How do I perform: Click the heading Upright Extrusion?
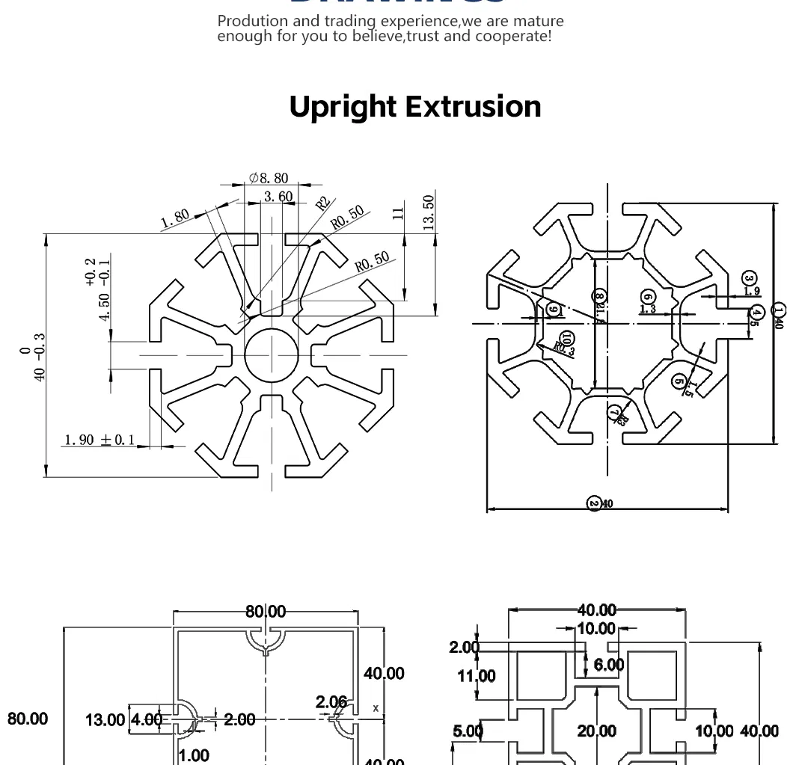click(x=414, y=106)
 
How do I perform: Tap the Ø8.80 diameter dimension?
click(x=269, y=178)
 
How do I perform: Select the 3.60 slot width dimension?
click(x=278, y=197)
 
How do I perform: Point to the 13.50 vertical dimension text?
click(x=429, y=212)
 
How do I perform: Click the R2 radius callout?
click(x=322, y=203)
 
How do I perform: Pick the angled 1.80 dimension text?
click(x=175, y=218)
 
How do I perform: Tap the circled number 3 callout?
click(x=749, y=279)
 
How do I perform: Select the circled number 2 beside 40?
click(x=595, y=503)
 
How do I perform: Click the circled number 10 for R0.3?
click(x=566, y=340)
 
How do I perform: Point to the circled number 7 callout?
click(x=614, y=412)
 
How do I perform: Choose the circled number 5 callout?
click(x=679, y=381)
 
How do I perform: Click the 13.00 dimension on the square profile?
click(x=105, y=719)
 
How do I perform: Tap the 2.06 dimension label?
click(x=331, y=702)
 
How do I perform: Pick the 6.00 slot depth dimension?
click(x=609, y=665)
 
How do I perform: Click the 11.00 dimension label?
click(x=477, y=676)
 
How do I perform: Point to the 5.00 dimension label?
click(x=468, y=731)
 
